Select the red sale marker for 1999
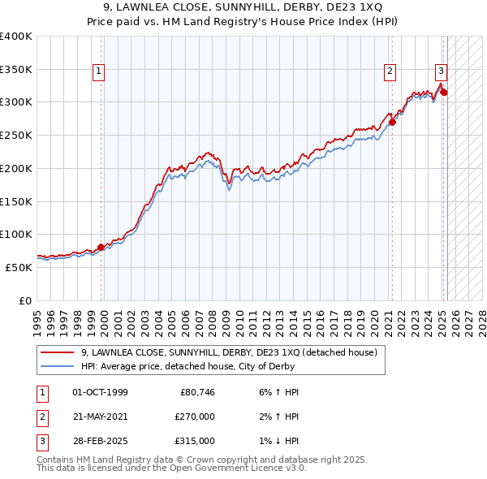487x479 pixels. click(101, 248)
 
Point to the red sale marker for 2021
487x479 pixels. click(392, 123)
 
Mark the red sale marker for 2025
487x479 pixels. click(444, 93)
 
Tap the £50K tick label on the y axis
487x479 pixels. click(19, 267)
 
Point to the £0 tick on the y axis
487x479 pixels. click(25, 300)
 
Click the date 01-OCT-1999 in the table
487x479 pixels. click(100, 392)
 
